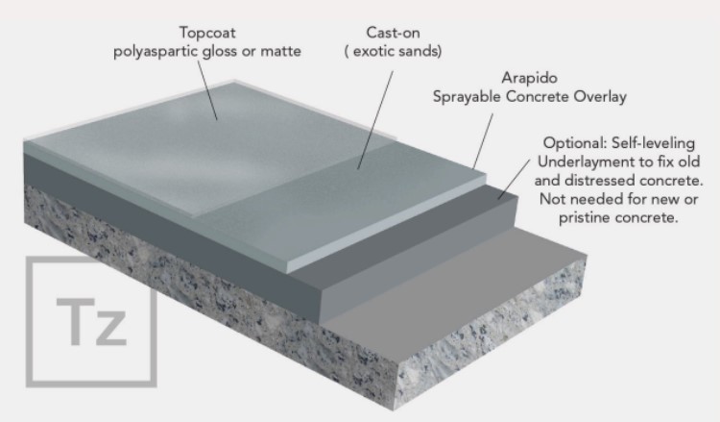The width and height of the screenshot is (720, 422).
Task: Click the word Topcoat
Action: (207, 33)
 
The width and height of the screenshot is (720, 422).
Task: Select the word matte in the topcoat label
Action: (280, 51)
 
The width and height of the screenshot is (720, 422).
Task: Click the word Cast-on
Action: (393, 33)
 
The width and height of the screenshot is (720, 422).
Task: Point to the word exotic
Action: (372, 51)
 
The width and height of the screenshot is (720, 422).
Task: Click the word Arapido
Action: (529, 78)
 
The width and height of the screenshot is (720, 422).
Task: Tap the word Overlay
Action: (600, 97)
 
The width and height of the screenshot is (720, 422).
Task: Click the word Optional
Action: (575, 143)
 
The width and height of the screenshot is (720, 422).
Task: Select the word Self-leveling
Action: (654, 143)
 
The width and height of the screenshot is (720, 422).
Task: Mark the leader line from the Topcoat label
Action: (207, 90)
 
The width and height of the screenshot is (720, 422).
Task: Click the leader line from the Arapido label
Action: (483, 141)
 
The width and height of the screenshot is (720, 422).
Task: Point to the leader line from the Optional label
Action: (515, 179)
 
